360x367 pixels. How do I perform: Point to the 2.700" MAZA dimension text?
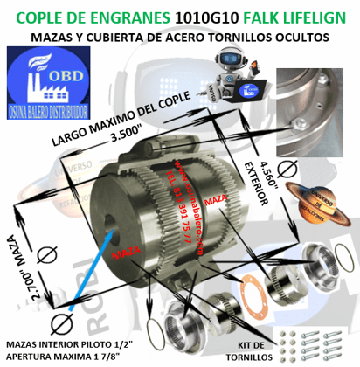[x=23, y=265]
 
